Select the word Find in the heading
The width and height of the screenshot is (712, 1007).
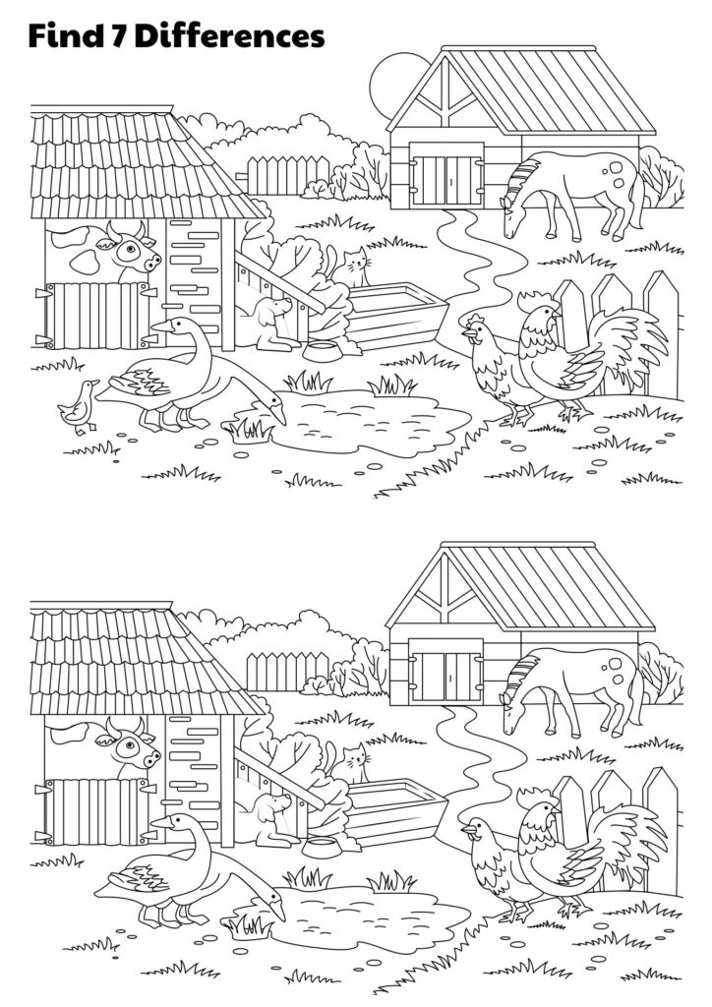point(65,36)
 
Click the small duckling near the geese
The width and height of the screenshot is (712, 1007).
point(78,404)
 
